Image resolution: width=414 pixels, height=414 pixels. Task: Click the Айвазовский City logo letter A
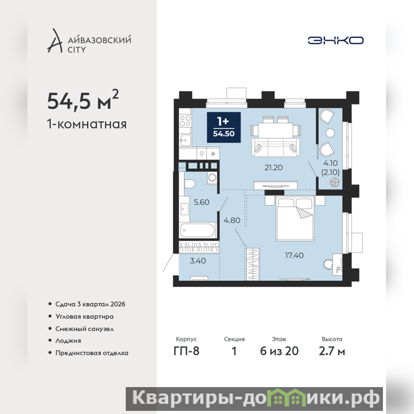pos(55,41)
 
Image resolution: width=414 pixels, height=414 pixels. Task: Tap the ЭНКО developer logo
pos(335,40)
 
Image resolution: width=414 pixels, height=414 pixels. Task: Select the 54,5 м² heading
pos(83,100)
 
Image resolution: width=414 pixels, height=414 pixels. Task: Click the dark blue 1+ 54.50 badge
pos(224,127)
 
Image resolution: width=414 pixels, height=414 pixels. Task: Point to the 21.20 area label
pos(274,167)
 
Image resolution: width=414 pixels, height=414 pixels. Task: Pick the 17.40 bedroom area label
pos(294,255)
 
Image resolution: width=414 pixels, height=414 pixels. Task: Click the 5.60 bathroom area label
pos(201,202)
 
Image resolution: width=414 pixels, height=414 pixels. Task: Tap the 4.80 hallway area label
pos(232,220)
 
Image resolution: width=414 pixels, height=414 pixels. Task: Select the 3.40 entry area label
pos(198,261)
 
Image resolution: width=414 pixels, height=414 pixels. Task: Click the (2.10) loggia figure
pos(330,172)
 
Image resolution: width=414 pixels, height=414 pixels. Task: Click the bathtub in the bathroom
pos(197,230)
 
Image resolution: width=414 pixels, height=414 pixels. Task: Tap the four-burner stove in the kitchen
pos(185,121)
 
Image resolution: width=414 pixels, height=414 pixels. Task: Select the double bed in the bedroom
pos(295,218)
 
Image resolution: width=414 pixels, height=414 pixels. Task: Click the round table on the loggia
pos(330,133)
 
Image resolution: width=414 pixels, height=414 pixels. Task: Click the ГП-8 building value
pos(186,351)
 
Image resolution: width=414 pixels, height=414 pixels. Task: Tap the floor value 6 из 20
pos(279,351)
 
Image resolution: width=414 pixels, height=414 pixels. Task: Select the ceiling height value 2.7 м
pos(332,351)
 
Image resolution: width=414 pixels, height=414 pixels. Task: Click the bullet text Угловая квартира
pos(84,317)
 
